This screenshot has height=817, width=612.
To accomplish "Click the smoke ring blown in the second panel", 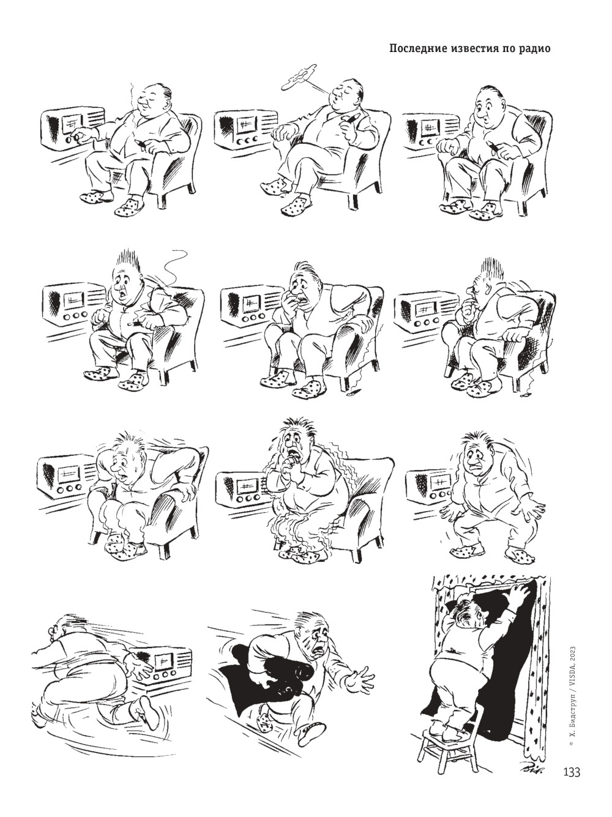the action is coord(299,76).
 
